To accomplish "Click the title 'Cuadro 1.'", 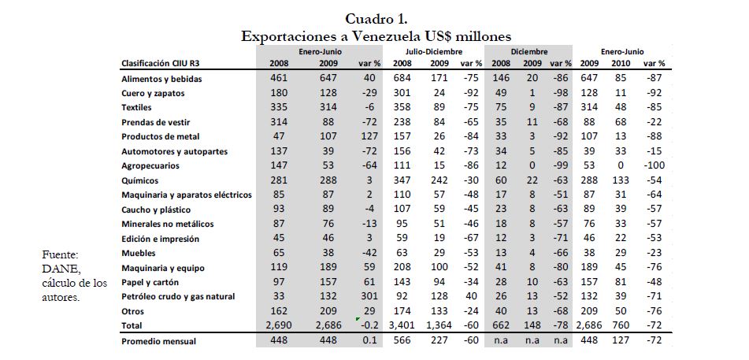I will click(x=376, y=18).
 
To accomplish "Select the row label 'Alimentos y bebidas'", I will click(x=160, y=79).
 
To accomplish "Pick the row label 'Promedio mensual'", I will click(x=158, y=342).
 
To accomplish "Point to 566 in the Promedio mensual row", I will click(x=402, y=342).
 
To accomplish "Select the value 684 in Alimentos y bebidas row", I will click(x=402, y=79).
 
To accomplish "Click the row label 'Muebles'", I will click(x=139, y=253).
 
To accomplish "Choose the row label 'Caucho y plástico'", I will click(x=155, y=209).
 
